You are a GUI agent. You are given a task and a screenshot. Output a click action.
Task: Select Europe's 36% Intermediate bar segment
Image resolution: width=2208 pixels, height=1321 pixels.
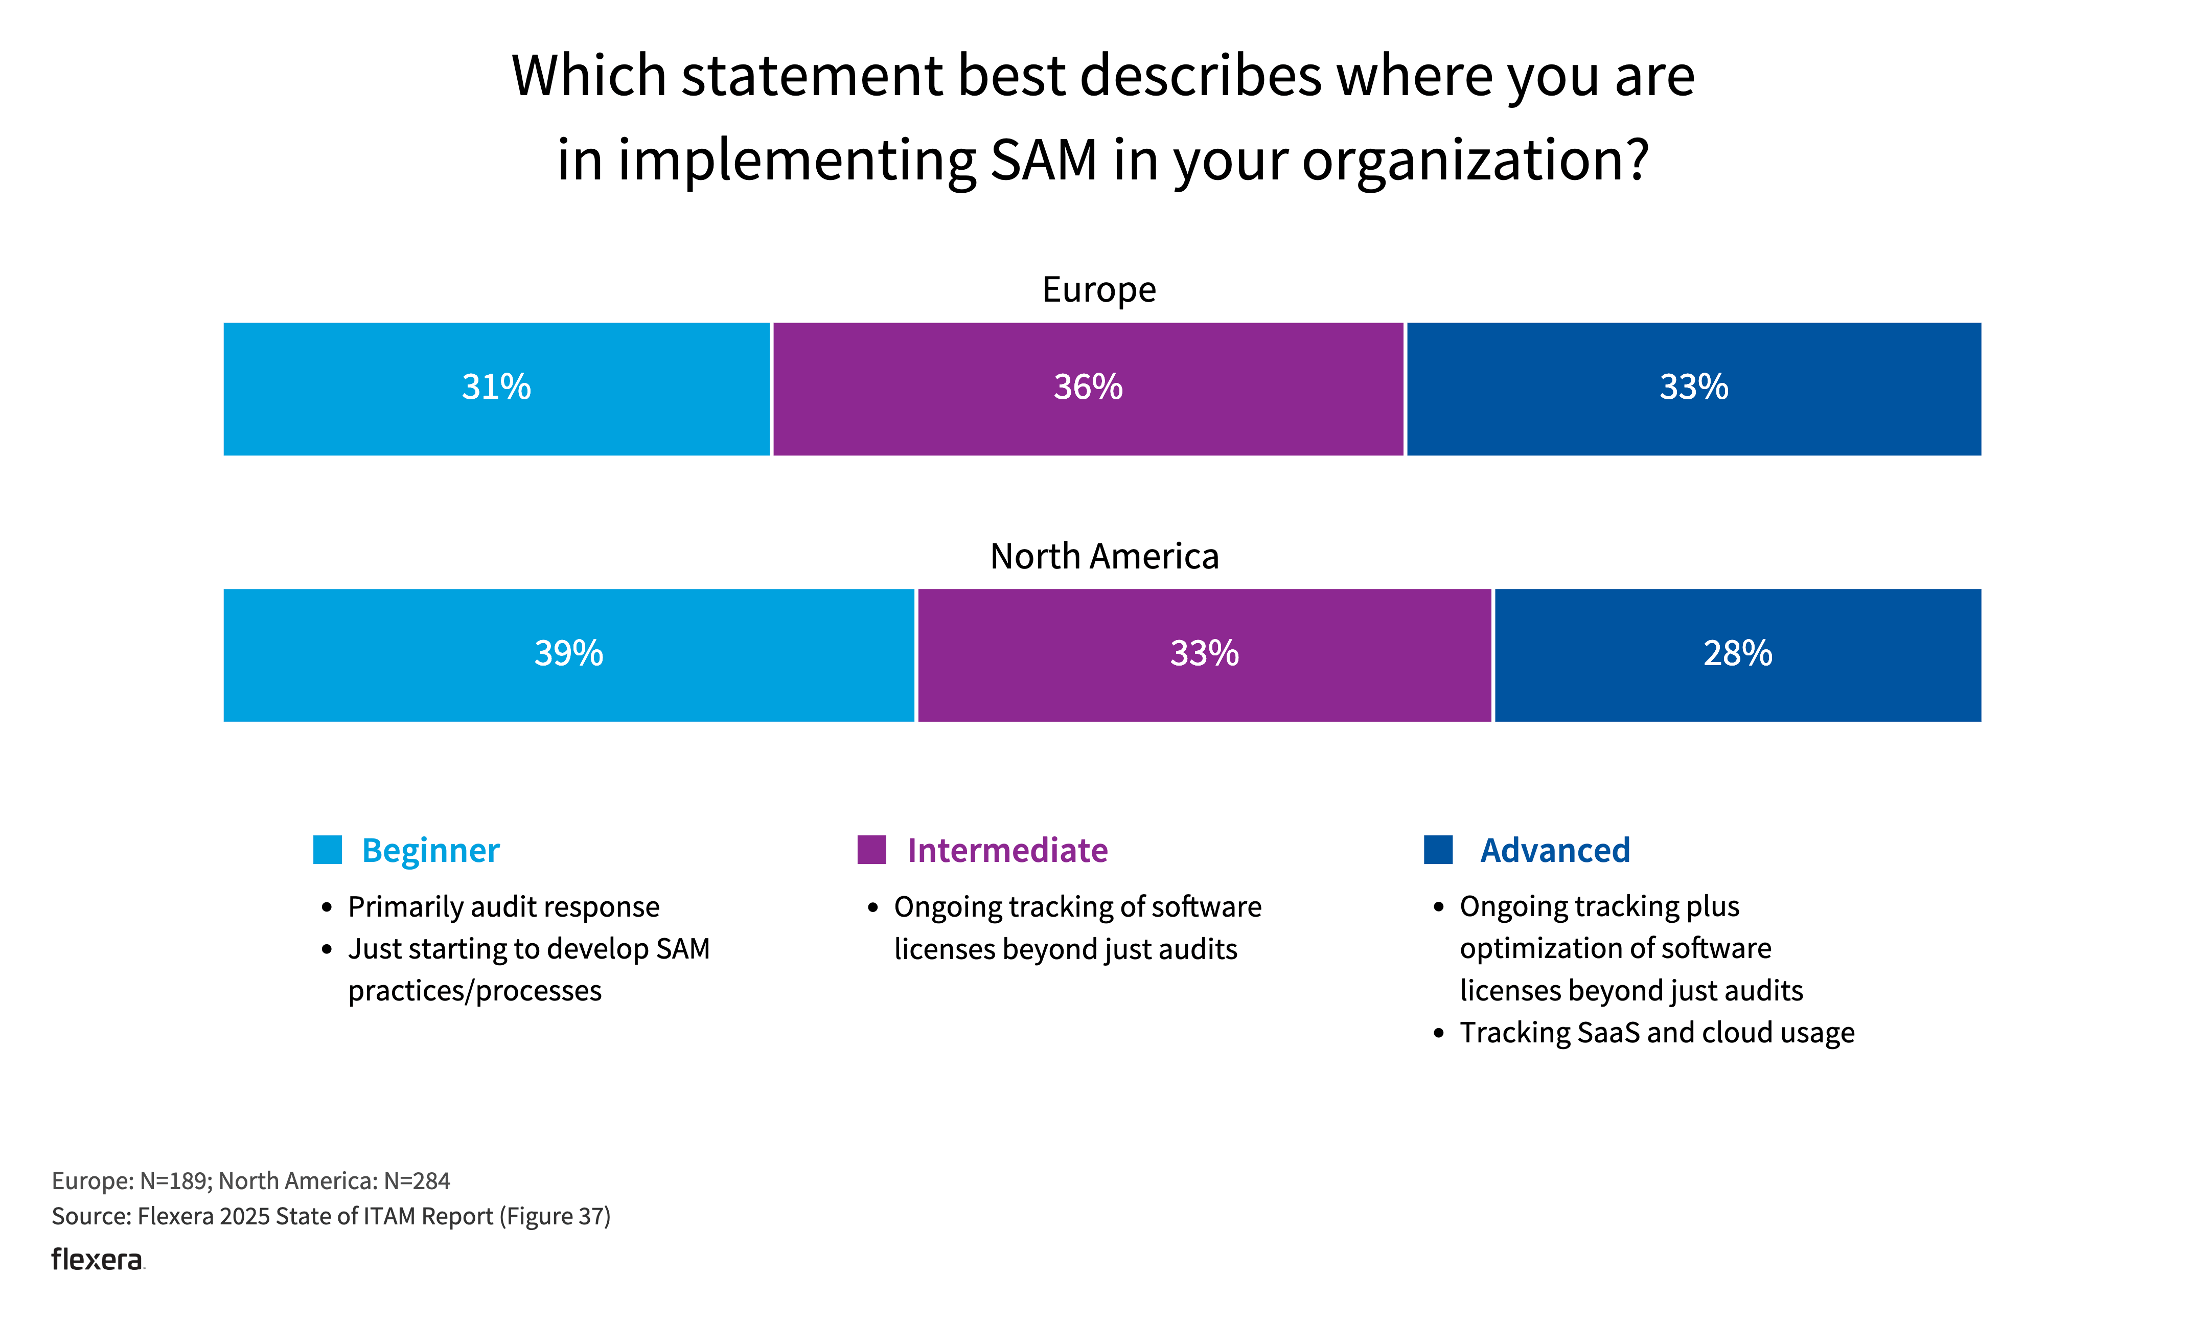[1088, 389]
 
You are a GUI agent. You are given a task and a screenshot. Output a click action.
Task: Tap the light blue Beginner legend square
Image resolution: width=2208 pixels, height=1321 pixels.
[328, 850]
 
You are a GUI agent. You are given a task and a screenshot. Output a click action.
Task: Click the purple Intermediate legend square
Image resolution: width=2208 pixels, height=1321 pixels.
[871, 850]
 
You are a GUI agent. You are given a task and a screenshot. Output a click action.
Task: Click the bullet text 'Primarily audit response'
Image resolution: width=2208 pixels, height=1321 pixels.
[504, 907]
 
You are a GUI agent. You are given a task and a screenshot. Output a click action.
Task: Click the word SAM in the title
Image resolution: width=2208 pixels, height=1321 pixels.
[1043, 160]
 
